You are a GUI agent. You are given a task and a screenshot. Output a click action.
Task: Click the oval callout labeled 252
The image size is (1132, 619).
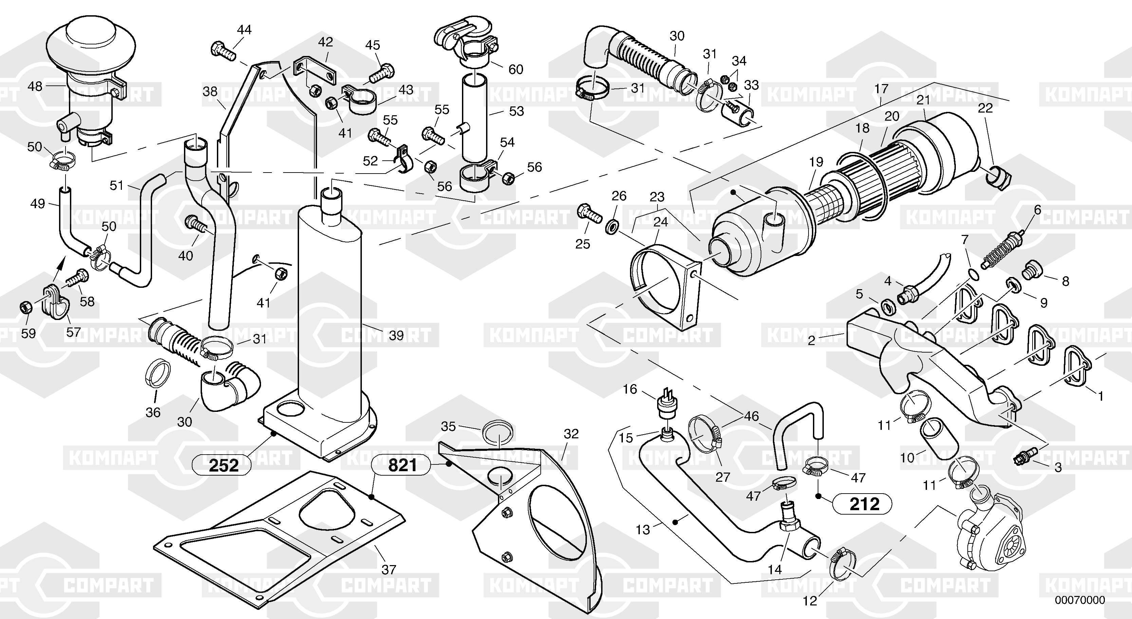(x=223, y=465)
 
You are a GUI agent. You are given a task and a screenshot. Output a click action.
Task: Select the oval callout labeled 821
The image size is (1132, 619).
(x=403, y=465)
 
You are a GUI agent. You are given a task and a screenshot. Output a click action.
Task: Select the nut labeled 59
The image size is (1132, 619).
(x=26, y=307)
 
